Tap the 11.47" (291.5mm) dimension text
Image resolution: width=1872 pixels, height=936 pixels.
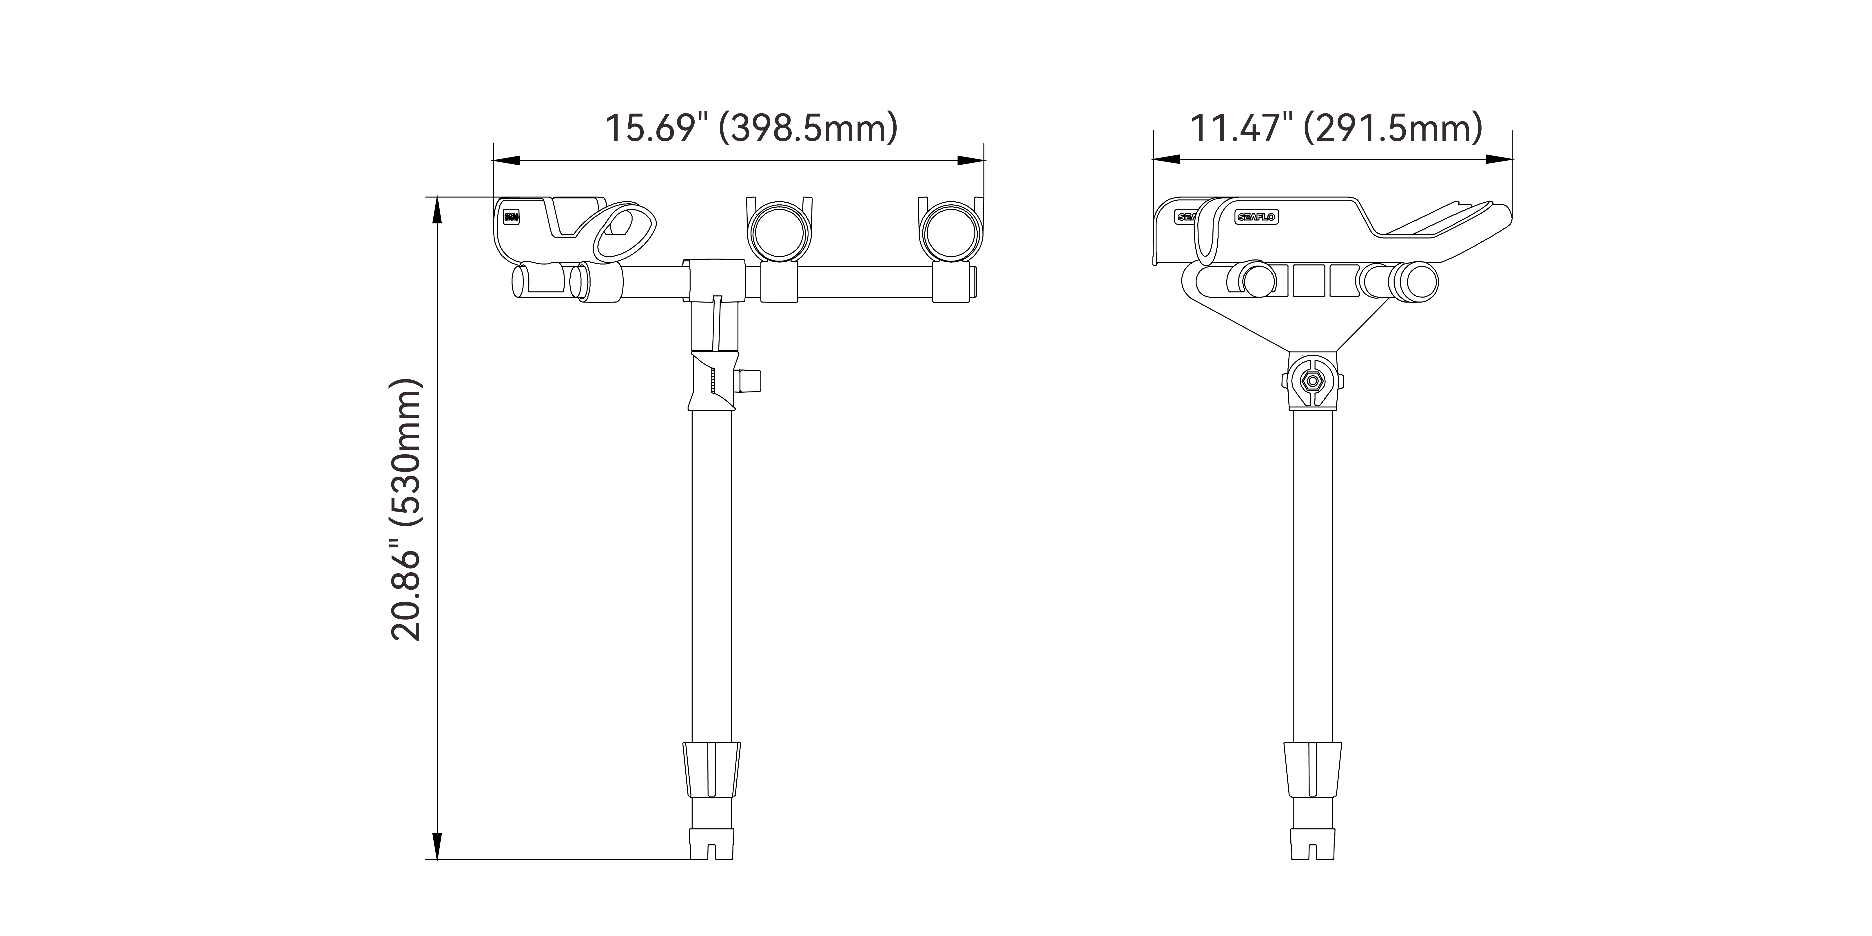[1336, 128]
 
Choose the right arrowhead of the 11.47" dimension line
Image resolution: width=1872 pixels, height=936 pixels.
[1498, 160]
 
